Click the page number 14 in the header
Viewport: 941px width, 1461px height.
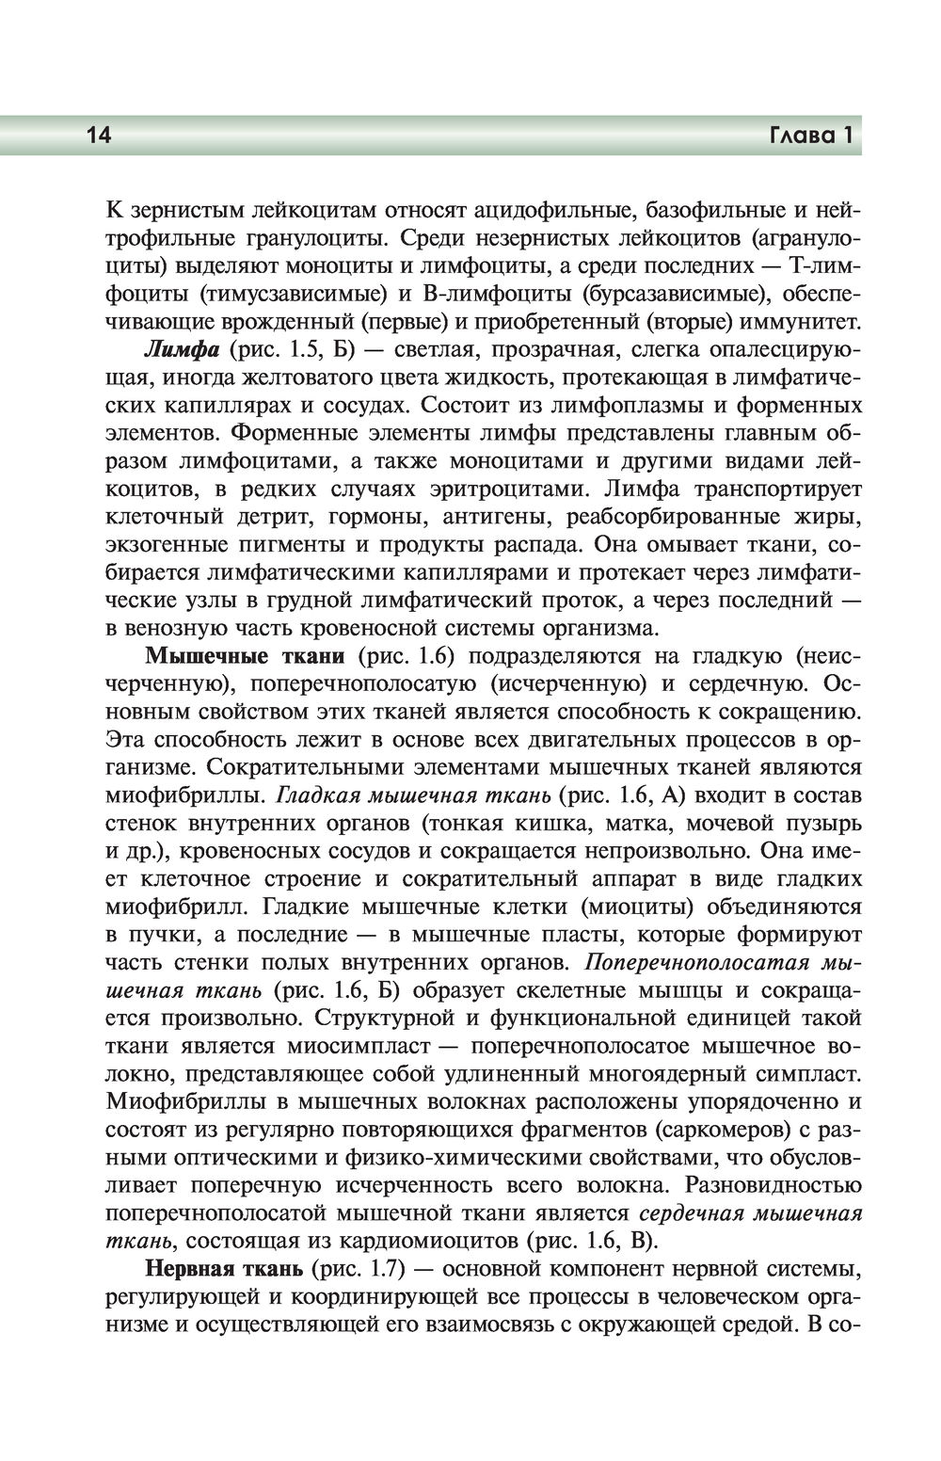coord(99,136)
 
